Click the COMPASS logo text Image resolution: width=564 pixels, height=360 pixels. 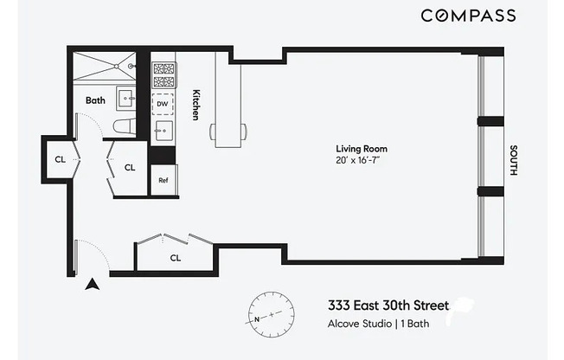(x=468, y=16)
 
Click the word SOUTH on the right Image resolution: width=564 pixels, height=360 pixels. (x=513, y=159)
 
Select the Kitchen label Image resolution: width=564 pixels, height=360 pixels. (x=196, y=105)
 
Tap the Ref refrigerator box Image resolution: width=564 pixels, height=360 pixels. (x=163, y=181)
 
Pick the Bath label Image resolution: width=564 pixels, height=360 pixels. (x=95, y=100)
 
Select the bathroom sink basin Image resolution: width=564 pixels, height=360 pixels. (x=124, y=97)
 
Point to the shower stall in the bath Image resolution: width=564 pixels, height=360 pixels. (x=105, y=67)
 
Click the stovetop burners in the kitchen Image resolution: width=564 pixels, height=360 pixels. (x=163, y=75)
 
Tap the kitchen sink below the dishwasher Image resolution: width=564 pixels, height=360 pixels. (x=163, y=132)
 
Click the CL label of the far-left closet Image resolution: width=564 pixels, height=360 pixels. (x=60, y=159)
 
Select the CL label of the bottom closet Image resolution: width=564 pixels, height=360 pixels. (x=175, y=258)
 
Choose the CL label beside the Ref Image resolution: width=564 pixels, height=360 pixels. (x=130, y=168)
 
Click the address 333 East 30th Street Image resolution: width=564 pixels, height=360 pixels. (x=388, y=305)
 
